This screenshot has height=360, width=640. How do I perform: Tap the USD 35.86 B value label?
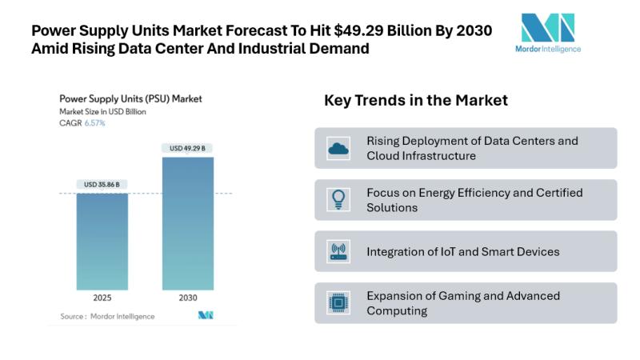102,185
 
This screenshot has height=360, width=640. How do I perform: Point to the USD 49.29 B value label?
188,148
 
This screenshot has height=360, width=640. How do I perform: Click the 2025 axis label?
102,298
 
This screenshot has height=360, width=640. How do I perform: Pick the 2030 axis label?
188,298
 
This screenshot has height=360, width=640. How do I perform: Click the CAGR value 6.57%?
95,123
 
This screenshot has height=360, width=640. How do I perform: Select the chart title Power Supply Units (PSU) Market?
130,99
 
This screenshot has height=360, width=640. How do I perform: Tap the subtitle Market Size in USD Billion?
102,112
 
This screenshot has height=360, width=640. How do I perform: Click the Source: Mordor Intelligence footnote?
107,316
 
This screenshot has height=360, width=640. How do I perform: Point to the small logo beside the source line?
206,316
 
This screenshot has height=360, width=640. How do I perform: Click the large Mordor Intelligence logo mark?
548,28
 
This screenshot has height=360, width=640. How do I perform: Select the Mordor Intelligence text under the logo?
548,49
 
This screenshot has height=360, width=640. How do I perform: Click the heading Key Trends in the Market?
416,101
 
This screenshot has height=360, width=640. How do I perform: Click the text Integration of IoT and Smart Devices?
463,251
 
